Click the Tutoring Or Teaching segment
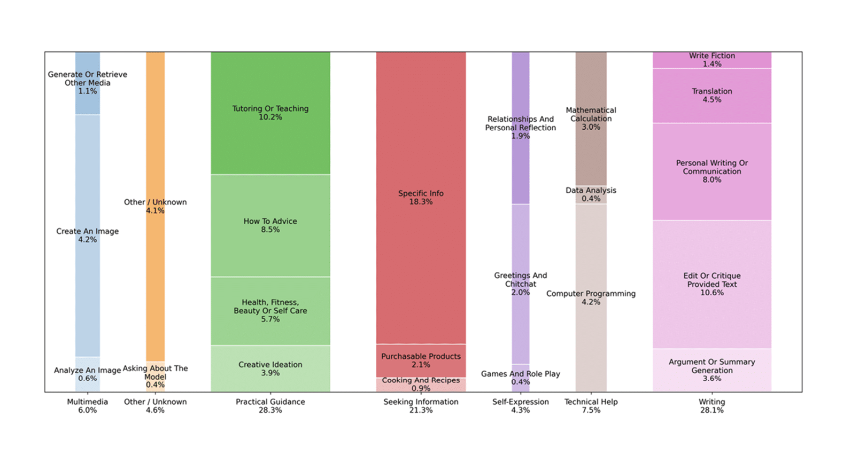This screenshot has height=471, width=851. point(270,113)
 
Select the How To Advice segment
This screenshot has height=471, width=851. point(270,225)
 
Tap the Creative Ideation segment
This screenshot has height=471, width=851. point(270,368)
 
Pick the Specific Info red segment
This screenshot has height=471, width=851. point(421,198)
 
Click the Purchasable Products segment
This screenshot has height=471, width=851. point(421,360)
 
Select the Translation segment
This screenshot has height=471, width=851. point(711,96)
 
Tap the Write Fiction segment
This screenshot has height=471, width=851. point(711,60)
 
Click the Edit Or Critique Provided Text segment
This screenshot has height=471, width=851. point(711,284)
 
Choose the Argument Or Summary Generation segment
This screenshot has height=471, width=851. point(711,370)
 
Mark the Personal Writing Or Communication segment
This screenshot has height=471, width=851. point(711,171)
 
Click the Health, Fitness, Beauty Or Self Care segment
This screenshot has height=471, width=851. point(270,311)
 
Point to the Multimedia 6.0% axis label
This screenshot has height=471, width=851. point(87,406)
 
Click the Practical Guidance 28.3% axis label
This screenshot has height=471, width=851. point(270,406)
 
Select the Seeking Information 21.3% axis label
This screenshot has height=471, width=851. point(421,406)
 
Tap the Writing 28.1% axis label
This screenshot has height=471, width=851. point(711,406)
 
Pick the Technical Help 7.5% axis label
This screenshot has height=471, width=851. point(591,406)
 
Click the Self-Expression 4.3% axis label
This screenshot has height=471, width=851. point(520,406)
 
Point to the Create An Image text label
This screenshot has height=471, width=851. point(87,232)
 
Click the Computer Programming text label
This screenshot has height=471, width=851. point(591,294)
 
